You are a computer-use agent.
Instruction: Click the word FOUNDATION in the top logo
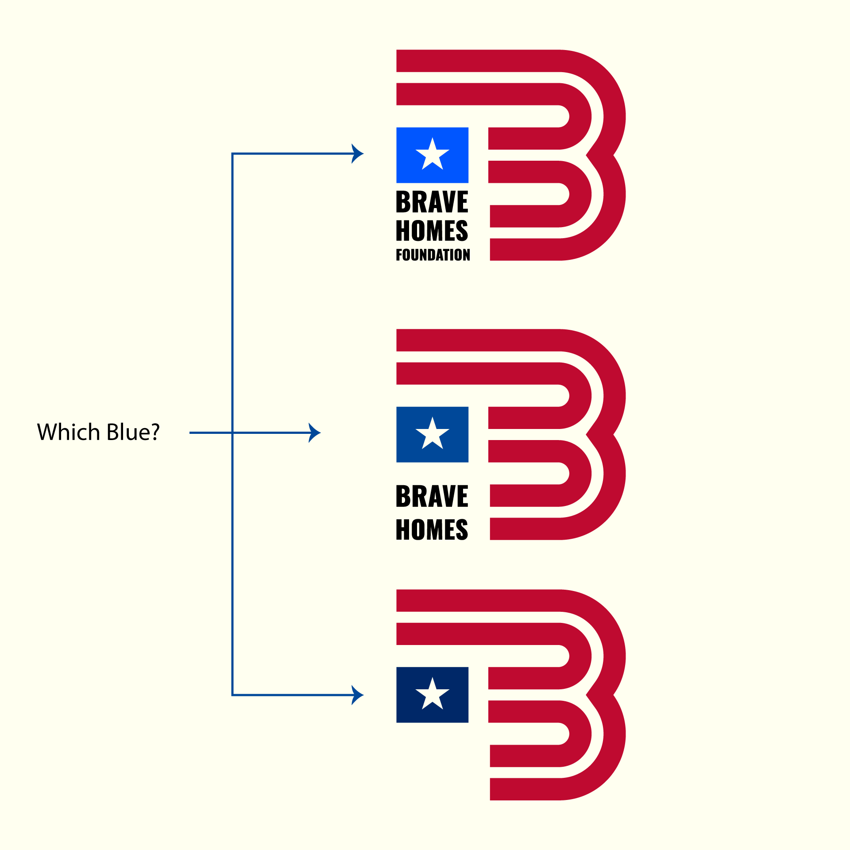[x=433, y=255]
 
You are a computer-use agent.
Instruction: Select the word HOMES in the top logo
[x=432, y=231]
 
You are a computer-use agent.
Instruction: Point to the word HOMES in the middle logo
[x=432, y=529]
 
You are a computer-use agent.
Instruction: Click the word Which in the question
[x=69, y=432]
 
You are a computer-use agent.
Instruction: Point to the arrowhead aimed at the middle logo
[x=315, y=433]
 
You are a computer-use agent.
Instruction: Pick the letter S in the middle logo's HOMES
[x=461, y=529]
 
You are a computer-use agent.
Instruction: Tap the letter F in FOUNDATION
[x=399, y=255]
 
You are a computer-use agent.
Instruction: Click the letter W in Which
[x=46, y=432]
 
